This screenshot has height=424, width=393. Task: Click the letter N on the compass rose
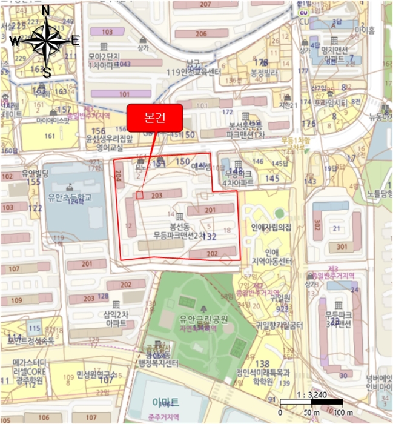click(45, 10)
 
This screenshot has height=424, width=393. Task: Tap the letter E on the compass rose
click(75, 41)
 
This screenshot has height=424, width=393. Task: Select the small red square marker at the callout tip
click(139, 195)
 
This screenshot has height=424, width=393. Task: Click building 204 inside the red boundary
click(118, 176)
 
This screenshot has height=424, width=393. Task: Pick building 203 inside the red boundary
click(157, 194)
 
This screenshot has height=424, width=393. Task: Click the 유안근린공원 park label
click(203, 319)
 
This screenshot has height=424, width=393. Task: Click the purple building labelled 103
click(107, 31)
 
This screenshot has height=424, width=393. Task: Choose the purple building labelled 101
click(124, 94)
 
